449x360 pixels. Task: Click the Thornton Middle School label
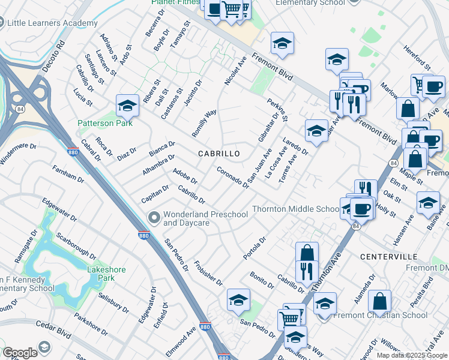coord(296,209)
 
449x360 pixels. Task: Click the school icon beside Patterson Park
coord(127,106)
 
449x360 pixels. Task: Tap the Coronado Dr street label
coord(233,178)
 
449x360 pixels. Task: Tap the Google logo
coord(20,353)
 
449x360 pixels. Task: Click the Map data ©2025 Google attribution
coord(411,355)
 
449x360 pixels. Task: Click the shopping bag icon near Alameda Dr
coord(379,301)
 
